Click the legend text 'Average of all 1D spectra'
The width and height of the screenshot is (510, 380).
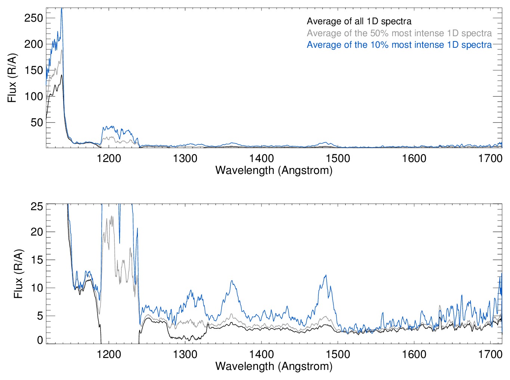[x=359, y=22]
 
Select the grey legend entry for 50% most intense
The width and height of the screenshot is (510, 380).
[x=399, y=33]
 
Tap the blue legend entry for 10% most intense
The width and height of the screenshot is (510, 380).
[x=399, y=45]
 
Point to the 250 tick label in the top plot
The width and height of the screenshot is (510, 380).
[x=34, y=18]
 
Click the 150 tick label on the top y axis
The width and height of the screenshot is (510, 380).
[x=34, y=70]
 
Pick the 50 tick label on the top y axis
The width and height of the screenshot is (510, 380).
[x=37, y=122]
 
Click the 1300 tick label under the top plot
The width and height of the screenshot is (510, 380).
[x=185, y=159]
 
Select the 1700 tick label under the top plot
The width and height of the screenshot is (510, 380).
[x=490, y=159]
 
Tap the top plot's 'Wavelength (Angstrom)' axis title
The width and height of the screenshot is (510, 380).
[x=274, y=171]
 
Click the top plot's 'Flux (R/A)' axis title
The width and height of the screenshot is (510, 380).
[x=12, y=78]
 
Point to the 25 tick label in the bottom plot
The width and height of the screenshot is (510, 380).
[x=37, y=206]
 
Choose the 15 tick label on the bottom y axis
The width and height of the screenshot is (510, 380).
[x=37, y=260]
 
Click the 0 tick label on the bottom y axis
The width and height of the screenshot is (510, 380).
[x=40, y=340]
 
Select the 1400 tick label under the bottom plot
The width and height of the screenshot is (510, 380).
[x=262, y=354]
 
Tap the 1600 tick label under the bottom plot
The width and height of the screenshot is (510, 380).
[x=414, y=354]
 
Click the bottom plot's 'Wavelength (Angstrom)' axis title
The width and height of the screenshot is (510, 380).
[x=274, y=366]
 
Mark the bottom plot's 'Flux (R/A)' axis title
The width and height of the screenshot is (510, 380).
[x=19, y=273]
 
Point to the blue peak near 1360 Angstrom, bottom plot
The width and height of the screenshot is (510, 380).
[x=232, y=281]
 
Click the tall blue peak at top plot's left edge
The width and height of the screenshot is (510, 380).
[x=62, y=10]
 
